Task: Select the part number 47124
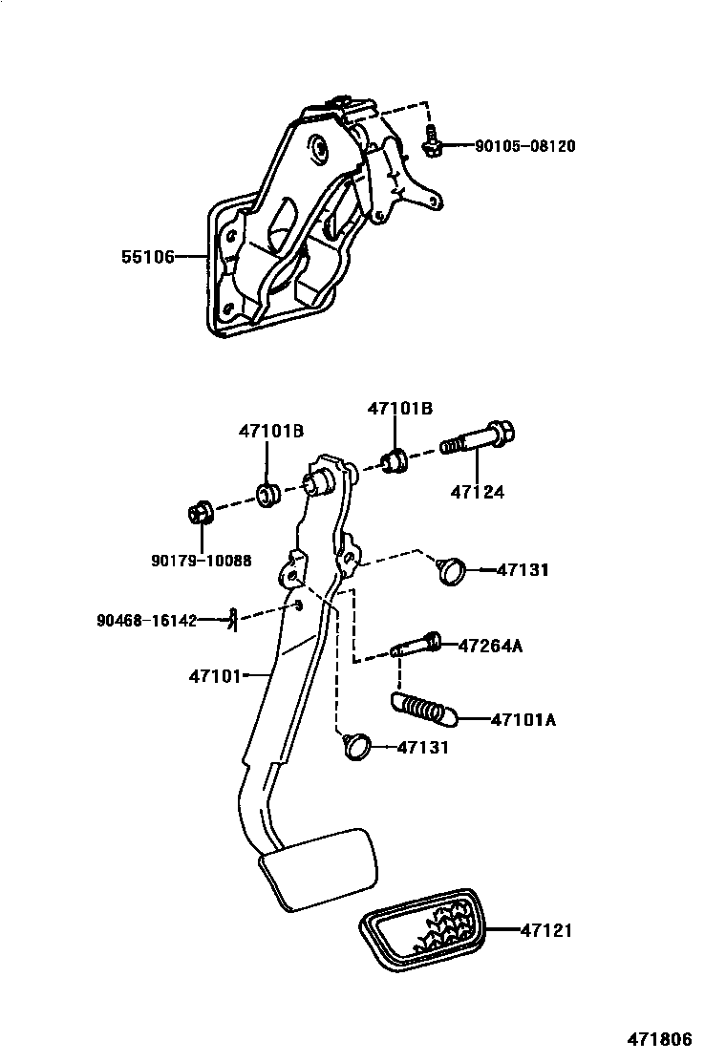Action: coord(478,493)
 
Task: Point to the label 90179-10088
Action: coord(201,561)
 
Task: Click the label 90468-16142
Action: coord(146,620)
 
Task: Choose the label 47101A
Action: coord(523,719)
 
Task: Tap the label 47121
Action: coord(546,928)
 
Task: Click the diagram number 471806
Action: coord(659,1040)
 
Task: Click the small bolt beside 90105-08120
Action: coord(431,143)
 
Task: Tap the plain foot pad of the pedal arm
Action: coord(317,867)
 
